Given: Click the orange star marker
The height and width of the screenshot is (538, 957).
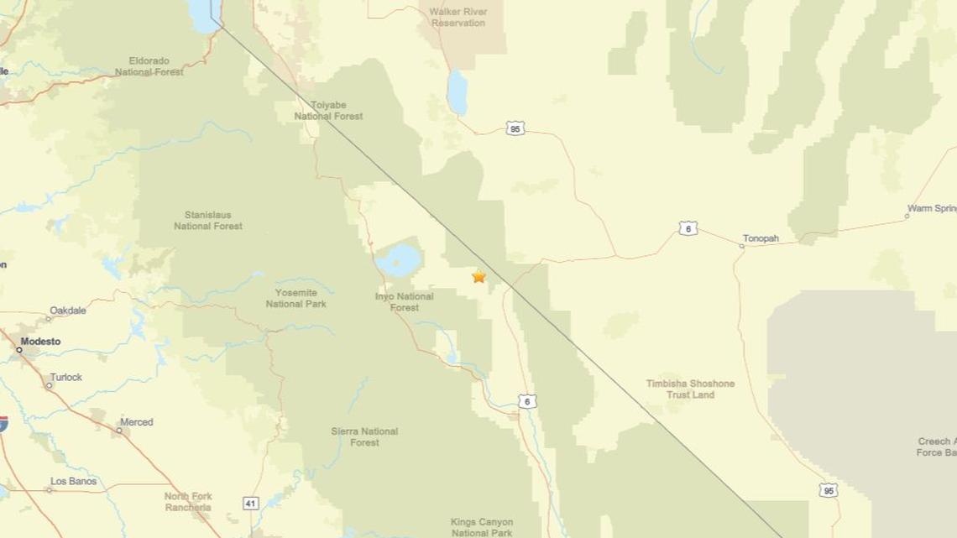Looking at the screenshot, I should (478, 276).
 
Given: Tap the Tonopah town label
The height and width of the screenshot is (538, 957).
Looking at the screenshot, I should (761, 238).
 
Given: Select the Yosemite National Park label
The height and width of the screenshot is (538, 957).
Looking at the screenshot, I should (295, 298).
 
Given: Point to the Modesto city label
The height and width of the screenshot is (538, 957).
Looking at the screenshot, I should (40, 342).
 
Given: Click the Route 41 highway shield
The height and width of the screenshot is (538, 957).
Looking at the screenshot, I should (251, 504).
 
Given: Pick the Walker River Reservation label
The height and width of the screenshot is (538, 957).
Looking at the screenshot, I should (458, 17).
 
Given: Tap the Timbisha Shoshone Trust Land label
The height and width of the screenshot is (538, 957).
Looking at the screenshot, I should (690, 389).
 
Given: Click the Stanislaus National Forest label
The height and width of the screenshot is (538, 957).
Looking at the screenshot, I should (208, 221).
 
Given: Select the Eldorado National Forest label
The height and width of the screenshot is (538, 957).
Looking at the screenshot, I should (149, 66).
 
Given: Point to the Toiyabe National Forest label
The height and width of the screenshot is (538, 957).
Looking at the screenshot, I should (328, 111).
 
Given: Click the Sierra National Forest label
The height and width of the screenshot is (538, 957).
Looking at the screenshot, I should (364, 436).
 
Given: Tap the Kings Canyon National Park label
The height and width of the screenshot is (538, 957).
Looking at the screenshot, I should (481, 527).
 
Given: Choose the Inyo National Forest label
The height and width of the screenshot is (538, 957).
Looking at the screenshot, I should (404, 302).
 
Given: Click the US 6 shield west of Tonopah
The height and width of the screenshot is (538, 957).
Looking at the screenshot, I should (688, 228).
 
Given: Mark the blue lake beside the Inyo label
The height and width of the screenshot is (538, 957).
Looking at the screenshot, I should (397, 260).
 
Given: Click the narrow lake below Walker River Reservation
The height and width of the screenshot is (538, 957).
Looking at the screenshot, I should (457, 92).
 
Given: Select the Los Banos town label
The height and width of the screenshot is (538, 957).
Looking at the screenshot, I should (73, 482).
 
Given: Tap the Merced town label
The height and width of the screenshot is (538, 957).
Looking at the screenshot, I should (136, 422).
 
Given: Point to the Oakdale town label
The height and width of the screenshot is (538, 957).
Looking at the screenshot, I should (68, 311).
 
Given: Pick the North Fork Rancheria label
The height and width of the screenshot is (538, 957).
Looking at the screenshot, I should (188, 502).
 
